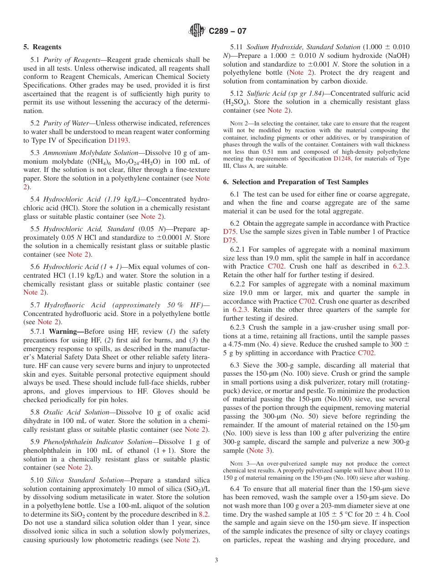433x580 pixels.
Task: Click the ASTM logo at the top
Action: (x=197, y=31)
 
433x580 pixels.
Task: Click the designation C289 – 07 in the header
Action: (x=227, y=31)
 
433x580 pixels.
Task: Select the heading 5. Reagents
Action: (x=42, y=47)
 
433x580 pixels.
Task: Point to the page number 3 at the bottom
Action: (x=216, y=560)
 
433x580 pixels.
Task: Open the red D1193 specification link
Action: (x=118, y=140)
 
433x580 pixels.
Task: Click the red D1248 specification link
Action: (x=342, y=159)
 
